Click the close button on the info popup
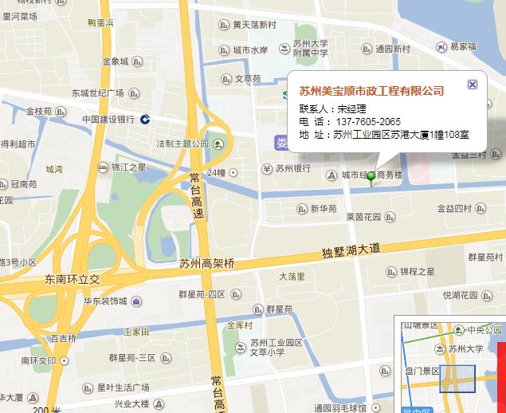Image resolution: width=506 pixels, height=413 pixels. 473,85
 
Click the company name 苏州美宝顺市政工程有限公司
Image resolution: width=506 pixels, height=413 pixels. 371,92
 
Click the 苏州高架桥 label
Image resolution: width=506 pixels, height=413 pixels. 207,264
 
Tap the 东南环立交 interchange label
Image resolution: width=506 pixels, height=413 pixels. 73,280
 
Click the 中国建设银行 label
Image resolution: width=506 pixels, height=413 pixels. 108,120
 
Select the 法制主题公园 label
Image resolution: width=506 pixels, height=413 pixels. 182,144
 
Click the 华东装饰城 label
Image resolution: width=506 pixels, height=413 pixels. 105,301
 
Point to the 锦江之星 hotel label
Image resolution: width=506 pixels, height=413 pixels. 128,167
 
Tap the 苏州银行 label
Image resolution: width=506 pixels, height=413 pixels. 292,168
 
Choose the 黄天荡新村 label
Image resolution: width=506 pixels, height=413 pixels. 254,25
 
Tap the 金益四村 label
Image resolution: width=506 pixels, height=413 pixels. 454,208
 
